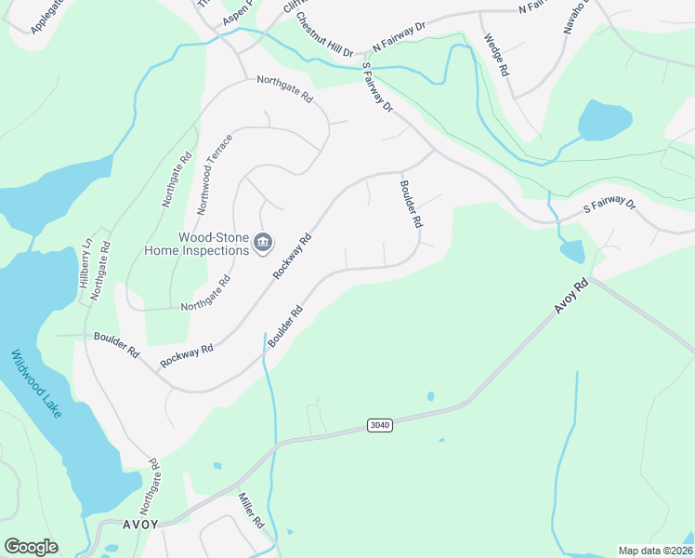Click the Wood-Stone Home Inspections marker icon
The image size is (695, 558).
pyautogui.click(x=263, y=243)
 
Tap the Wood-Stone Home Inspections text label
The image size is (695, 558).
pyautogui.click(x=197, y=244)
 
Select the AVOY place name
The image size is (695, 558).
pyautogui.click(x=139, y=525)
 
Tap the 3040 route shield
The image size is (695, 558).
pyautogui.click(x=379, y=425)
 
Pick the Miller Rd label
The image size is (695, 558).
pyautogui.click(x=252, y=511)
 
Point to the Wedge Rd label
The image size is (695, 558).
pyautogui.click(x=496, y=57)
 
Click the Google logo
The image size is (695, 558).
pyautogui.click(x=31, y=547)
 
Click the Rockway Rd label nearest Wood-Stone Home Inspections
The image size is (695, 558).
pyautogui.click(x=291, y=255)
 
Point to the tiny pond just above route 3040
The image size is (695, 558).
pyautogui.click(x=430, y=397)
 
